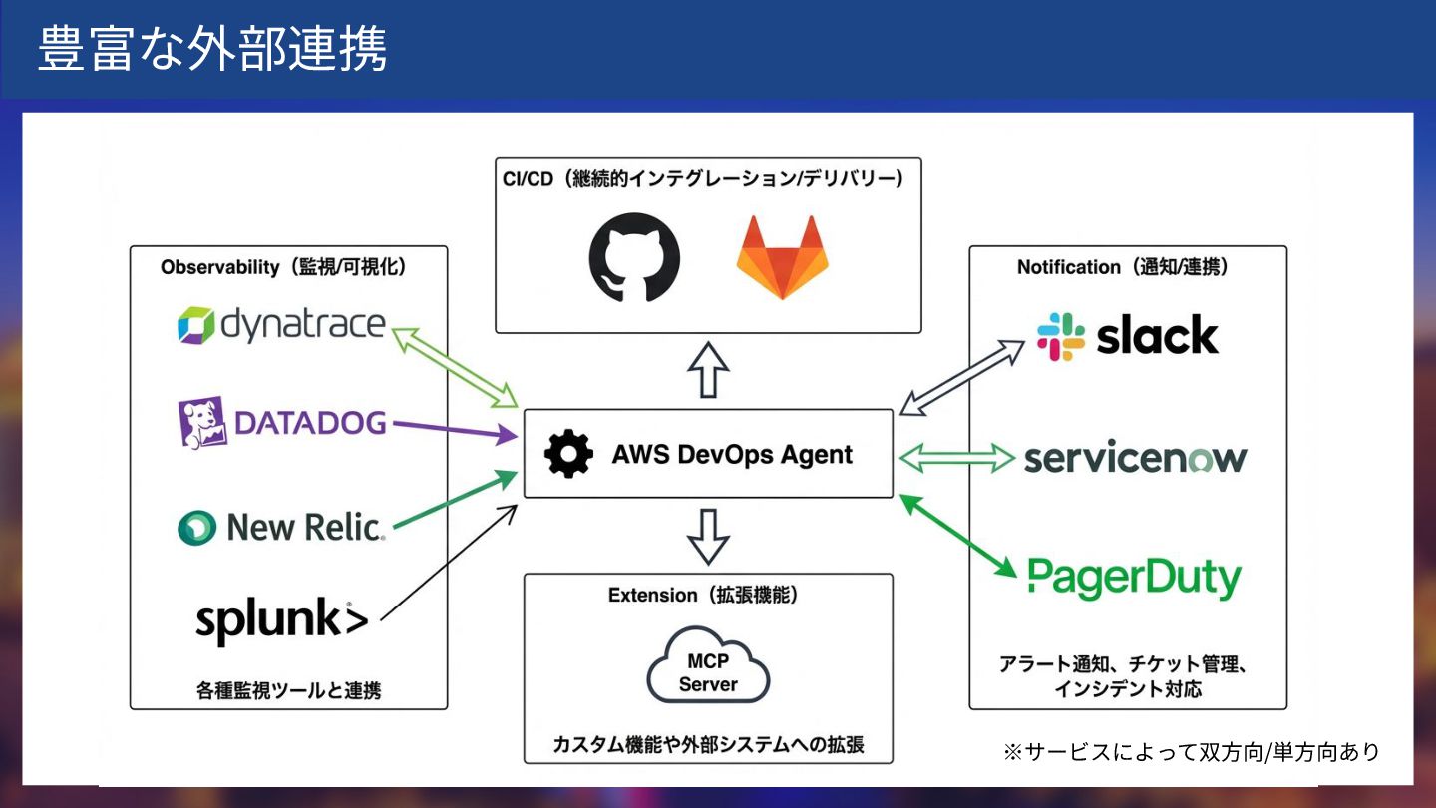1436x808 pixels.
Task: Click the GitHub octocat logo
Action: pyautogui.click(x=634, y=257)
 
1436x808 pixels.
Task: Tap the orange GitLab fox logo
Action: pyautogui.click(x=782, y=257)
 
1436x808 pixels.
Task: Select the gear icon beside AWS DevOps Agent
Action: pyautogui.click(x=568, y=455)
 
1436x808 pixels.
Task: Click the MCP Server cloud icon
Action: pyautogui.click(x=708, y=670)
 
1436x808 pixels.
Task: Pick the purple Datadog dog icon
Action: pyautogui.click(x=200, y=423)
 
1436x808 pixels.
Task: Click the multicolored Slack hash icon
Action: pyautogui.click(x=1060, y=336)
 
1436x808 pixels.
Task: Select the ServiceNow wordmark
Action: pyautogui.click(x=1135, y=458)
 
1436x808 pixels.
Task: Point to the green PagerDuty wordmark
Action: pyautogui.click(x=1134, y=578)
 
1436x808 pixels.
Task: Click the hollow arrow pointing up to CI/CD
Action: pyautogui.click(x=708, y=369)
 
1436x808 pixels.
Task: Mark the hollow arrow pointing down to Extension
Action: pyautogui.click(x=708, y=536)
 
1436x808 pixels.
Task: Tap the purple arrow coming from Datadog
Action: pyautogui.click(x=455, y=429)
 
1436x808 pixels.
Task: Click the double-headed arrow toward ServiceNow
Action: pyautogui.click(x=957, y=458)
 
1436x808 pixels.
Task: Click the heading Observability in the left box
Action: pyautogui.click(x=220, y=267)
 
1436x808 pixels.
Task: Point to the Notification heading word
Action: pyautogui.click(x=1068, y=267)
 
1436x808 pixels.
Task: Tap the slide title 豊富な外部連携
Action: pyautogui.click(x=212, y=49)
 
